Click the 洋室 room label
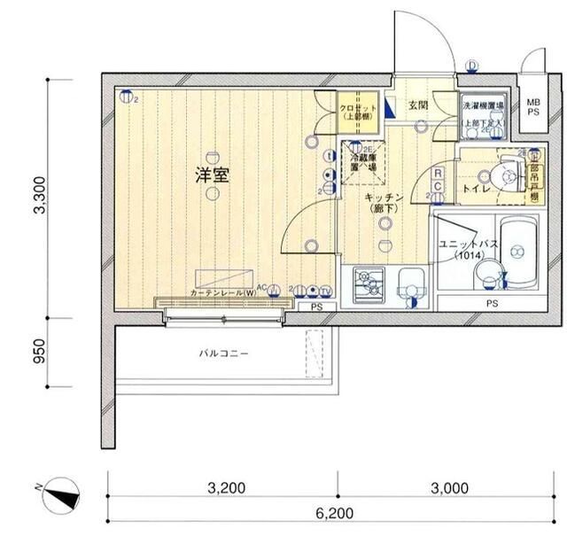click(214, 175)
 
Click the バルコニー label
click(223, 353)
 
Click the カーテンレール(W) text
click(221, 291)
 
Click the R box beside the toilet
click(439, 174)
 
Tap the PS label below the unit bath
click(491, 303)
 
